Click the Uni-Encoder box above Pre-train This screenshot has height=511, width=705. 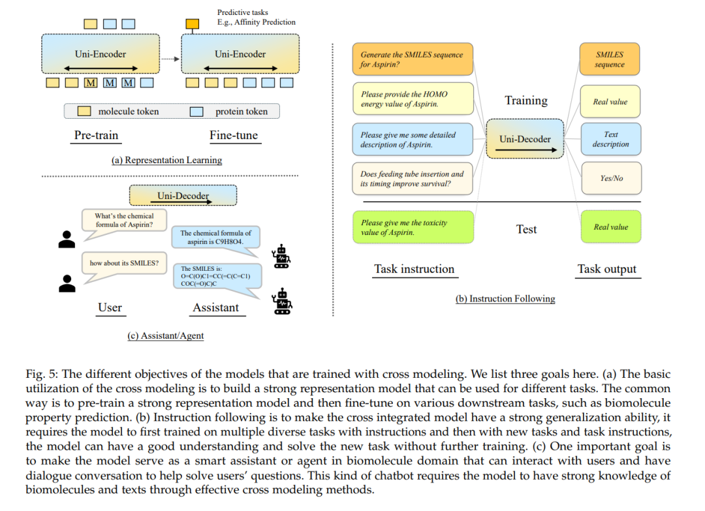[x=101, y=54]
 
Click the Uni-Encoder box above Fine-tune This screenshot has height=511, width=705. [x=240, y=54]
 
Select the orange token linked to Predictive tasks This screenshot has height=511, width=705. [x=193, y=23]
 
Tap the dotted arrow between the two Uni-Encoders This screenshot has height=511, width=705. [x=170, y=59]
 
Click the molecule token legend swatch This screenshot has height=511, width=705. [x=84, y=111]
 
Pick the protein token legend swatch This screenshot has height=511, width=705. [x=196, y=112]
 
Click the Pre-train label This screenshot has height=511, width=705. [x=96, y=135]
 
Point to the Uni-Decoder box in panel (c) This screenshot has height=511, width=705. [x=183, y=196]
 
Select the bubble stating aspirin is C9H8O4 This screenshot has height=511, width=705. [x=216, y=239]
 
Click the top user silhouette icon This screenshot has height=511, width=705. [x=67, y=239]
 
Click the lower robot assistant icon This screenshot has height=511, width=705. [x=282, y=301]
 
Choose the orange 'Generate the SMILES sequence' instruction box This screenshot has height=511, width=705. [x=413, y=59]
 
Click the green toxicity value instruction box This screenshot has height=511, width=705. [x=413, y=227]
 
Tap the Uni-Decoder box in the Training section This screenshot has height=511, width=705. [x=525, y=139]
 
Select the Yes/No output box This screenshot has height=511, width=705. [x=612, y=178]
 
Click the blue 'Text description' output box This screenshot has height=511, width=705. [x=610, y=139]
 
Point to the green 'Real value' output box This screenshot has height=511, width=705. [x=610, y=227]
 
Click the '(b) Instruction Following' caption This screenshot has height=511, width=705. [x=505, y=299]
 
